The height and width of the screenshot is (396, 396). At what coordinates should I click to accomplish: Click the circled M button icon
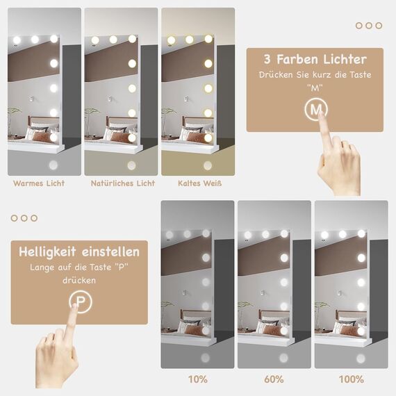pyautogui.click(x=317, y=109)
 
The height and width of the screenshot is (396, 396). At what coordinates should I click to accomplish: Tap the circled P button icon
pyautogui.click(x=79, y=300)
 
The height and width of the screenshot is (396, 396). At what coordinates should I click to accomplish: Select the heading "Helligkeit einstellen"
pyautogui.click(x=79, y=251)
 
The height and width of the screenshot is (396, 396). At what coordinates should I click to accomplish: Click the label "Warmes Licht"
pyautogui.click(x=39, y=183)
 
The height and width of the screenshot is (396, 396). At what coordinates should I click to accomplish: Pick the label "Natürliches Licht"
pyautogui.click(x=123, y=183)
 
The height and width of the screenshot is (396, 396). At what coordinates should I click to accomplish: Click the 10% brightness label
pyautogui.click(x=198, y=379)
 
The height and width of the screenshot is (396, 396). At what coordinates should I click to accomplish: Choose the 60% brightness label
pyautogui.click(x=274, y=379)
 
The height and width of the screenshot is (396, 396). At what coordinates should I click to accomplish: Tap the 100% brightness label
pyautogui.click(x=351, y=379)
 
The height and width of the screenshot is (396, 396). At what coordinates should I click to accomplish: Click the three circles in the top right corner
pyautogui.click(x=368, y=26)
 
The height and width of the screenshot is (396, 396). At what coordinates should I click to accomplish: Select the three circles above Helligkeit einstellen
pyautogui.click(x=24, y=218)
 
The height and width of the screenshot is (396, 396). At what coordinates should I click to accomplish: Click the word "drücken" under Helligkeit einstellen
pyautogui.click(x=79, y=281)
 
